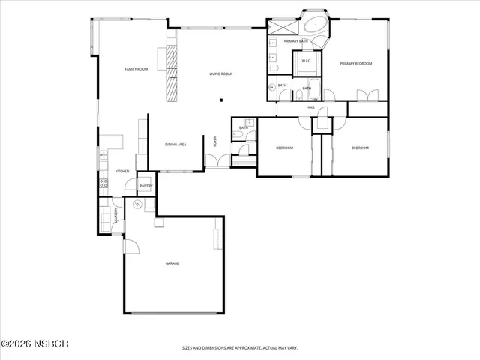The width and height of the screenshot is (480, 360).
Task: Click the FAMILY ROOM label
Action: pos(136,69)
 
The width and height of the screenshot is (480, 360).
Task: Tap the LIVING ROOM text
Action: pos(220,73)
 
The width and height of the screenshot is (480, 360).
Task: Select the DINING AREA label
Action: pos(175,144)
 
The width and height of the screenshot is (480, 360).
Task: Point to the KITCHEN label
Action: pos(121,171)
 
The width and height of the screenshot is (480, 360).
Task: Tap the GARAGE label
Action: pos(172,263)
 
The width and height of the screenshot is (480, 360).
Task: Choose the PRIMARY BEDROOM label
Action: pos(355,64)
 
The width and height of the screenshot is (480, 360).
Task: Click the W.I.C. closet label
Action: pos(306,61)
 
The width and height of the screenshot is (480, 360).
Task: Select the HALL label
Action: pos(310,107)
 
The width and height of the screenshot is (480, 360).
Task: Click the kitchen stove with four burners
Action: pos(103,184)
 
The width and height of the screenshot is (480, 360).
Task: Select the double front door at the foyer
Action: pos(217,160)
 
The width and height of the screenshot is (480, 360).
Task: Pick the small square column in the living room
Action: pos(220,101)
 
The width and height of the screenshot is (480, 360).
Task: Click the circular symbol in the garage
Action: pos(137,205)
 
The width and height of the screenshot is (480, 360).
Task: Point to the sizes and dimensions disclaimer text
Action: pos(240,348)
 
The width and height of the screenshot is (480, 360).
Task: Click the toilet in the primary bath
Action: pos(274,69)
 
